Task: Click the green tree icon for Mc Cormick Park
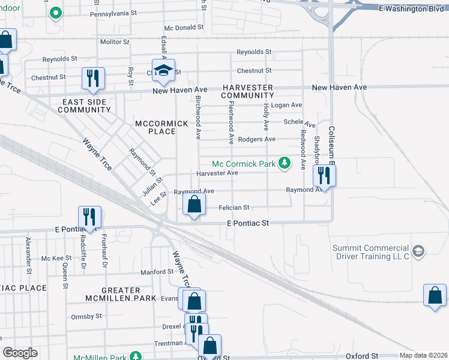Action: click(286, 163)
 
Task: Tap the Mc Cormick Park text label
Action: click(243, 163)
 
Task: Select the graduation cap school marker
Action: click(163, 71)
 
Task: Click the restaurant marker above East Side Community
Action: click(93, 78)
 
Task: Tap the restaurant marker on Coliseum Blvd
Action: click(324, 176)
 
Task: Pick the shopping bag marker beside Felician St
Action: click(194, 205)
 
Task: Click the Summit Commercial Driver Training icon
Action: click(418, 250)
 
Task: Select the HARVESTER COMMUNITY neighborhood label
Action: click(247, 92)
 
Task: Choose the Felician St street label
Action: click(234, 208)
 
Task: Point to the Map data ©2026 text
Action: click(423, 355)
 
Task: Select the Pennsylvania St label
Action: click(114, 14)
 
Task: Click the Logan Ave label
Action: click(286, 105)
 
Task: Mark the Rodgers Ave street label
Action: click(257, 139)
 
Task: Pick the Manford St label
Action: click(157, 272)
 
